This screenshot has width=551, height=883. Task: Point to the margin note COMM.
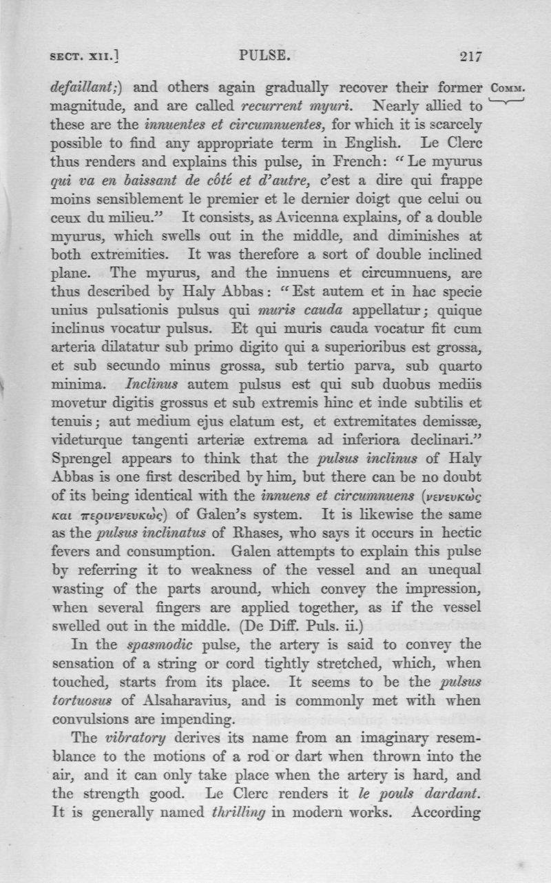509,89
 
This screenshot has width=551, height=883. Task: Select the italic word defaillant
85,88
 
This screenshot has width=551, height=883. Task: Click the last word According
446,812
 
